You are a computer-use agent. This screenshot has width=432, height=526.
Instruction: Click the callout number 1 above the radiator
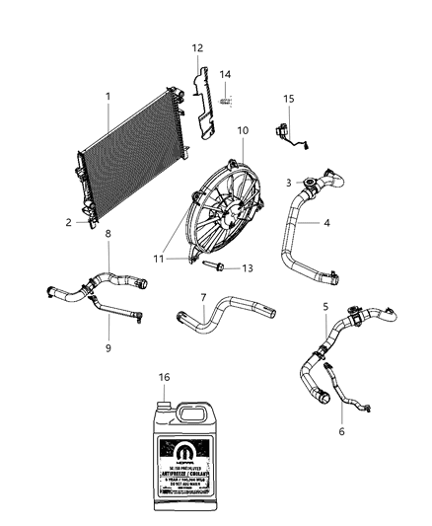click(108, 96)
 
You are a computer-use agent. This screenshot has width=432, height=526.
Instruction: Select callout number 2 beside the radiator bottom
click(69, 223)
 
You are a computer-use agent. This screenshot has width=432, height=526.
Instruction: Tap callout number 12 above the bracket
click(196, 48)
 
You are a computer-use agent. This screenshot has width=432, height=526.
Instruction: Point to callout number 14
click(225, 75)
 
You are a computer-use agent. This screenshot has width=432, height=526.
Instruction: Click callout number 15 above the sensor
click(289, 101)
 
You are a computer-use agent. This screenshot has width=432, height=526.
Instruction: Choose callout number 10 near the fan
click(241, 130)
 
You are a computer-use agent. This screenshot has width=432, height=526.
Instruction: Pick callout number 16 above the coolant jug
click(166, 378)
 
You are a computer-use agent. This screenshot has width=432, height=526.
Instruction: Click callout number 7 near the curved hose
click(202, 297)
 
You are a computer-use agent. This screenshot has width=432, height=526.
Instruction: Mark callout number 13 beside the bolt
click(247, 268)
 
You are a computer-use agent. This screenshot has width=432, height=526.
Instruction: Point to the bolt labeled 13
click(215, 265)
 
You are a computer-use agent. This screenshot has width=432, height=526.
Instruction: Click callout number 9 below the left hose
click(108, 347)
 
